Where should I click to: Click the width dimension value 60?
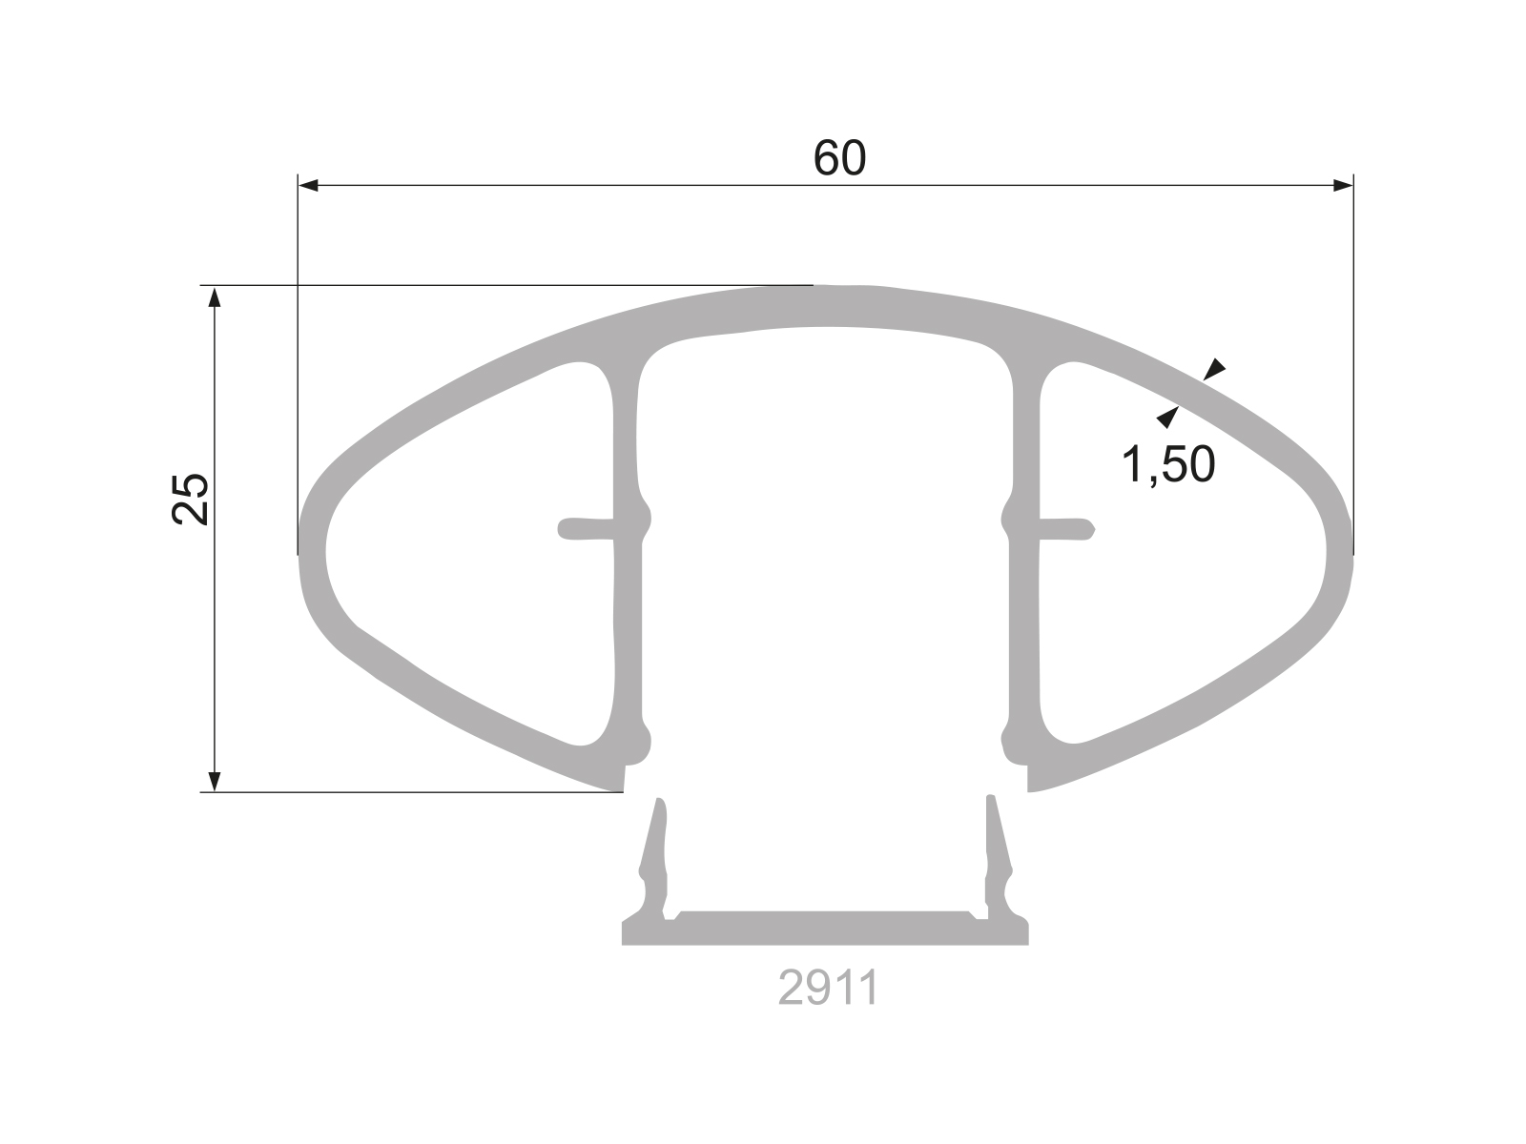click(x=840, y=158)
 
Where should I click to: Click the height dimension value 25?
click(x=191, y=498)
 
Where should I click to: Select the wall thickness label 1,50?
click(x=1168, y=465)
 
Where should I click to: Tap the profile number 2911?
click(x=828, y=990)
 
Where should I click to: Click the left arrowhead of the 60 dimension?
click(x=308, y=186)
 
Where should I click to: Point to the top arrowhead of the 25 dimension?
click(x=216, y=296)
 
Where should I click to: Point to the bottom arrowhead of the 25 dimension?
click(x=216, y=781)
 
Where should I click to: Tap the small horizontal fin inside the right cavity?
click(x=1066, y=528)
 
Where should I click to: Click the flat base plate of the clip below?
click(x=825, y=929)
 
